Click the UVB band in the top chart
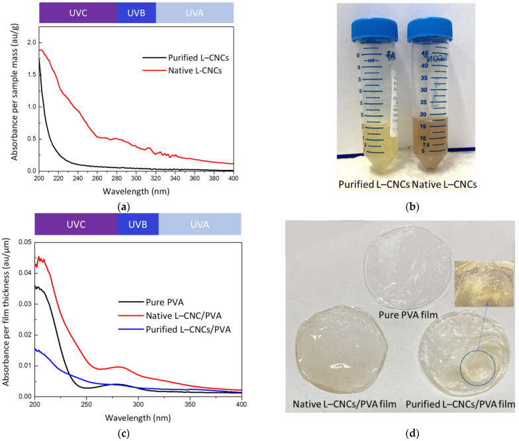click(136, 13)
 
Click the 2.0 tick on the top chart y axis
click(29, 42)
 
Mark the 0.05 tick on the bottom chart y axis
click(24, 243)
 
